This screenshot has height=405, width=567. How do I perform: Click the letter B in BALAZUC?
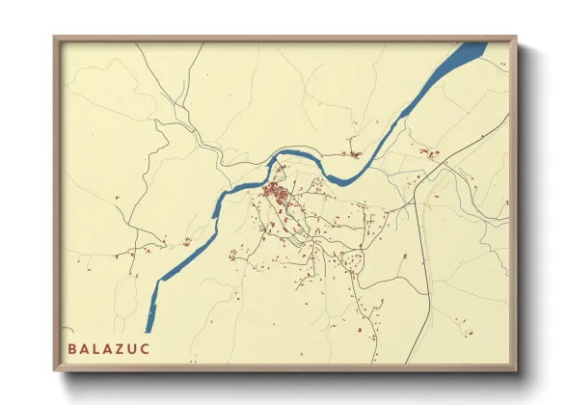click(x=71, y=348)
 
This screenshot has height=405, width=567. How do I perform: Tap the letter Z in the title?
click(x=121, y=348)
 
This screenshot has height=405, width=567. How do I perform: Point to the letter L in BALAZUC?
click(x=95, y=348)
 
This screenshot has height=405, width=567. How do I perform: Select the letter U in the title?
click(x=133, y=348)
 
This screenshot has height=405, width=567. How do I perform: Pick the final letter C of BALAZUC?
click(x=146, y=348)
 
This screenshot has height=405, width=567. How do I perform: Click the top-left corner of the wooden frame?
click(x=54, y=37)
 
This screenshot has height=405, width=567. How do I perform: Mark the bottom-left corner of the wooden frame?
click(x=54, y=371)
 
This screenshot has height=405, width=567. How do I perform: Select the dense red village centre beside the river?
click(x=277, y=192)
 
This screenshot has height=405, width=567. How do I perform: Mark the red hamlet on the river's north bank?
click(x=354, y=152)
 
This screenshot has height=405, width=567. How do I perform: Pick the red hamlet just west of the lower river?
click(x=183, y=242)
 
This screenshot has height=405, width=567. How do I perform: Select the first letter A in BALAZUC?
click(x=84, y=348)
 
